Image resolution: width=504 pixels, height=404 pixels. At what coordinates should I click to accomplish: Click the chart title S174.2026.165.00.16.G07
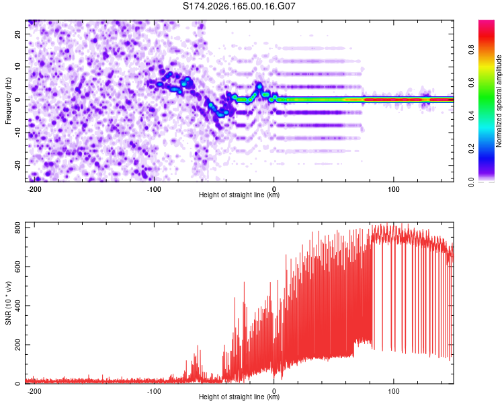click(x=239, y=6)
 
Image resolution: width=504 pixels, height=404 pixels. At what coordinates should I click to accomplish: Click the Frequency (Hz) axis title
click(x=8, y=101)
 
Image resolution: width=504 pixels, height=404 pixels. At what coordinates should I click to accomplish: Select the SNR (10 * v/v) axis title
click(x=8, y=303)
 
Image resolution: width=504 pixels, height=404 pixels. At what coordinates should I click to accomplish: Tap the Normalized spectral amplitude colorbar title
click(x=499, y=101)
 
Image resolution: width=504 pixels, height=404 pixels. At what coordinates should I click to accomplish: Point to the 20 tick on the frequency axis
click(x=17, y=34)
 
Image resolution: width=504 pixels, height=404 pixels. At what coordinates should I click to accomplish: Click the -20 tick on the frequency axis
click(x=17, y=166)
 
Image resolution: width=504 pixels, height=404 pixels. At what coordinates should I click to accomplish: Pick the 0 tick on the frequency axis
click(x=17, y=100)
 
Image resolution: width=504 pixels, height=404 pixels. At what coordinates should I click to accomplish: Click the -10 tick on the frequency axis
click(x=17, y=133)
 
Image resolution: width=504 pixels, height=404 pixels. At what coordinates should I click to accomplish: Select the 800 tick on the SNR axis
click(x=17, y=228)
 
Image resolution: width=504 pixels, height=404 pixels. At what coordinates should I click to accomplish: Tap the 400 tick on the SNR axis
click(x=17, y=306)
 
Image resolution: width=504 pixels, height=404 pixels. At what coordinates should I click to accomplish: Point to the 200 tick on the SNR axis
click(x=17, y=345)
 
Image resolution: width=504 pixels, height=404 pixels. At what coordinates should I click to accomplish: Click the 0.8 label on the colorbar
click(x=471, y=49)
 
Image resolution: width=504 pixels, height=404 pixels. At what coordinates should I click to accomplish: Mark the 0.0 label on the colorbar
click(x=471, y=182)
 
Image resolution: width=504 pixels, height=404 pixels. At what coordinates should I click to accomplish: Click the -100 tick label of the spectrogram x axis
click(x=154, y=189)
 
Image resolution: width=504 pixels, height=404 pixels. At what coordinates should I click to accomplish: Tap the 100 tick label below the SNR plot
click(x=393, y=391)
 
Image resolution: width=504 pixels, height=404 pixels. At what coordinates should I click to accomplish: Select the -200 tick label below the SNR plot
click(x=34, y=391)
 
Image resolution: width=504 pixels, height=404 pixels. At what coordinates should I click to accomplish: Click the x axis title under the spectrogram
click(x=239, y=195)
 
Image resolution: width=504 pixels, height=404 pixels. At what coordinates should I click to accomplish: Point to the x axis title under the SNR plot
click(x=239, y=397)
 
